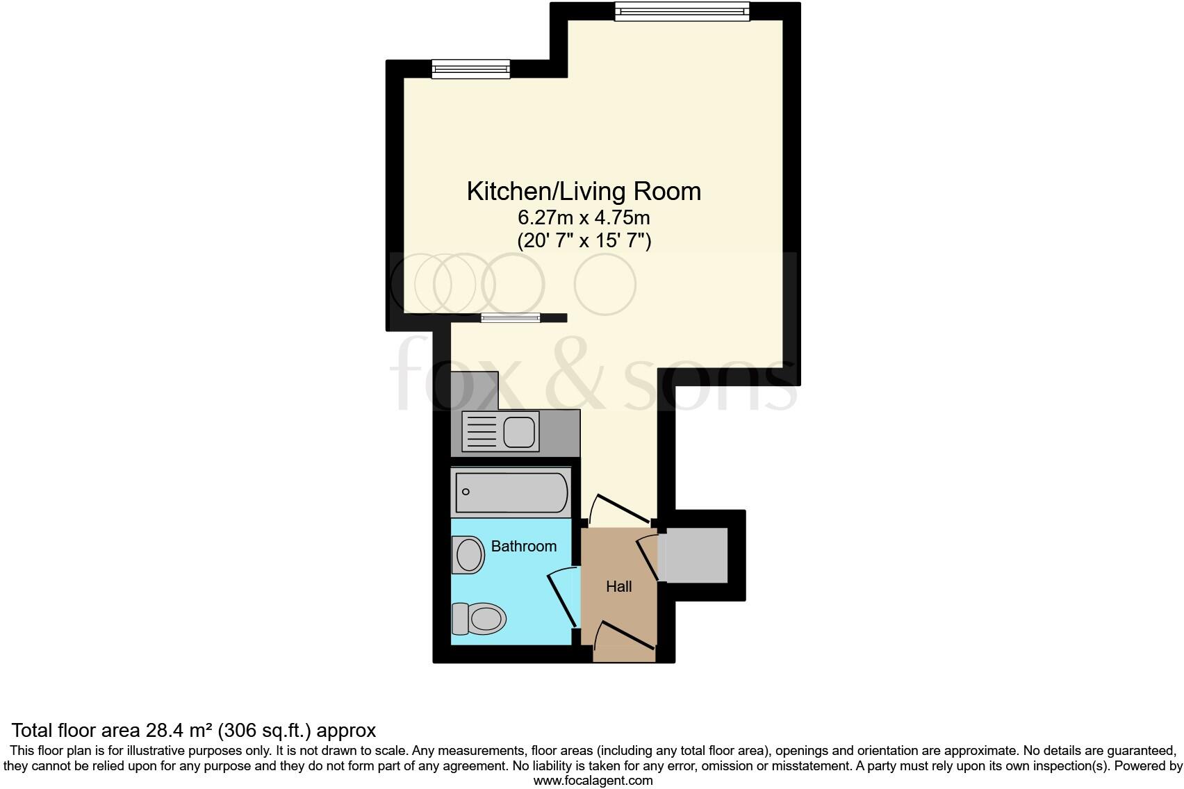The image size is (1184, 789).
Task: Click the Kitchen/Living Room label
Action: tap(584, 192)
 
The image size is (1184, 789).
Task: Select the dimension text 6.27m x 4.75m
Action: tap(584, 217)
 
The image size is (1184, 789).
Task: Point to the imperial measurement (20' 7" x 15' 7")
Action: tap(584, 241)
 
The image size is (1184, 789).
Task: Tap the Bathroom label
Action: tap(523, 547)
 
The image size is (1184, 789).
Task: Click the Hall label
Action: tap(618, 587)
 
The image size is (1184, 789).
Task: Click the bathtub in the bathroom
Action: tap(511, 492)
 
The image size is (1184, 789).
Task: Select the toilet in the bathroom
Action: tap(479, 617)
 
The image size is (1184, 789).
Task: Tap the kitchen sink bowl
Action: tap(520, 431)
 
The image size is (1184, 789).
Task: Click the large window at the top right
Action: tap(682, 11)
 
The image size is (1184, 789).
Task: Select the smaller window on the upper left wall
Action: tap(470, 69)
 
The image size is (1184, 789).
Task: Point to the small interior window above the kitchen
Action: tap(510, 318)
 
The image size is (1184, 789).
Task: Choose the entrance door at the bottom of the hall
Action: tap(623, 638)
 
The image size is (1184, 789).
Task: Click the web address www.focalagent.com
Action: tap(593, 780)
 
